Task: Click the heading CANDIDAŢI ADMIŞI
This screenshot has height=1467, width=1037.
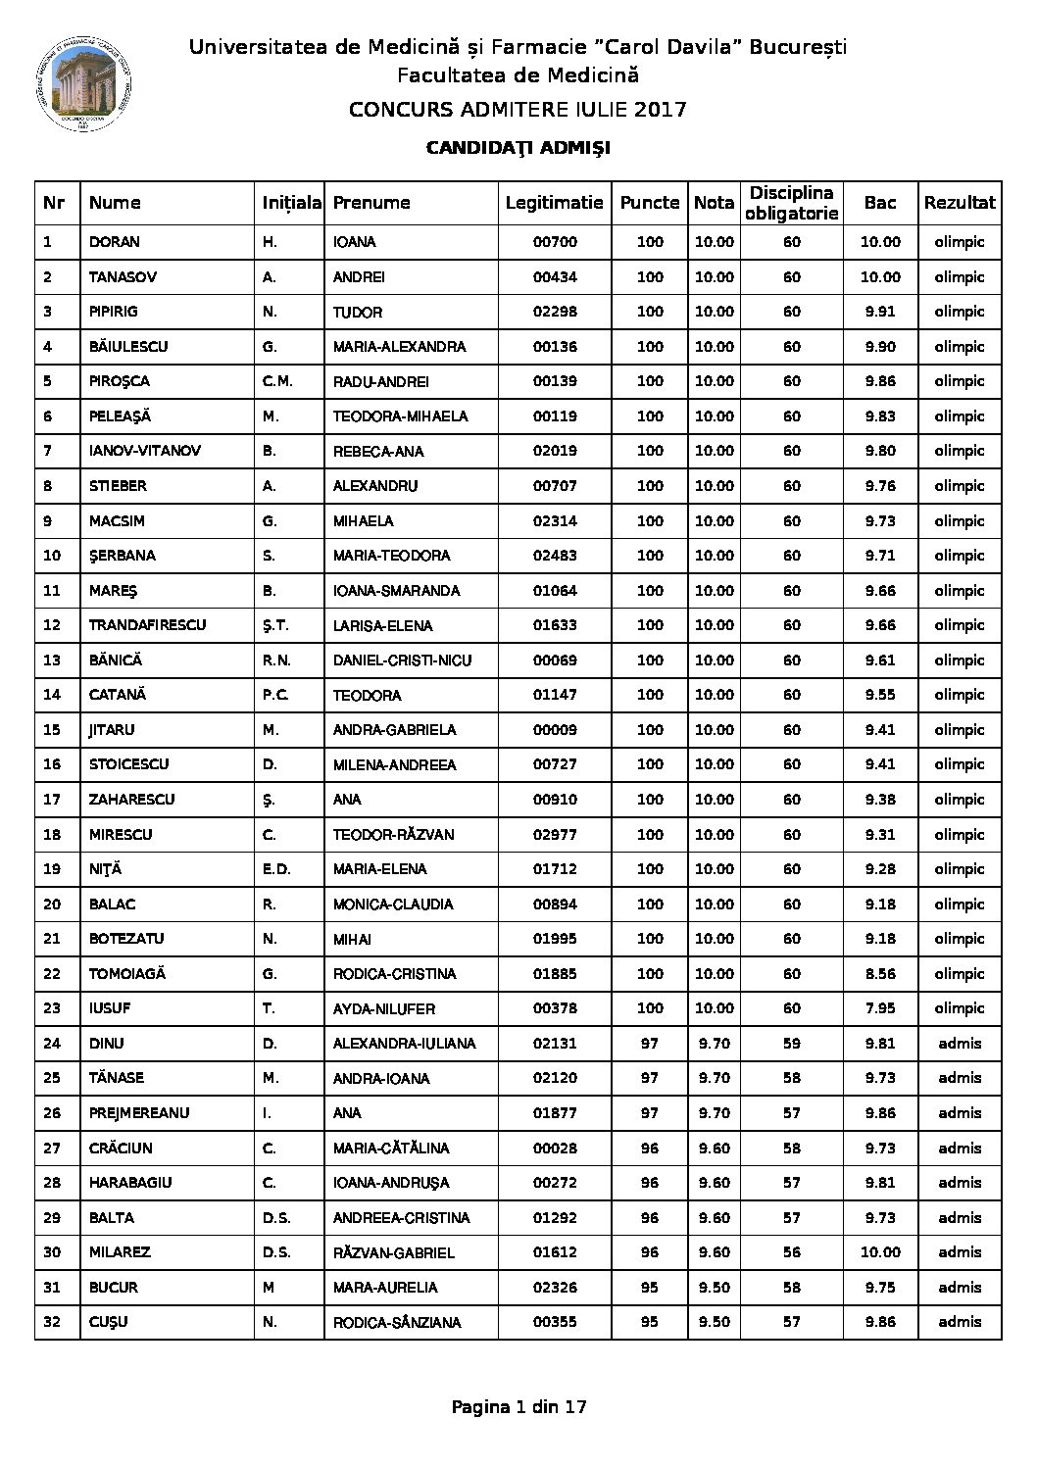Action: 518,148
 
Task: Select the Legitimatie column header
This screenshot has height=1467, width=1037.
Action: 554,203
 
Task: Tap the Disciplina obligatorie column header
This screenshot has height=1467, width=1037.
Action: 791,203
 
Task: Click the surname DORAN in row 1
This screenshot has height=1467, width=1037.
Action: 114,242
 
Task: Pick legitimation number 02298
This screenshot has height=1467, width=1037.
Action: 554,312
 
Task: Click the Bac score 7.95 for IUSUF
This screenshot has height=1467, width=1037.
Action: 880,1008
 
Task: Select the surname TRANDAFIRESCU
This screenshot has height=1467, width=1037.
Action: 147,625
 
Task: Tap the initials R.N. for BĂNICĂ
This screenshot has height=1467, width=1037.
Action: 278,660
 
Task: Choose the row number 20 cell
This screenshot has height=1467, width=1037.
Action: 53,904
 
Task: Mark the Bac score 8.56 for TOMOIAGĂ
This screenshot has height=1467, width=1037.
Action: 880,973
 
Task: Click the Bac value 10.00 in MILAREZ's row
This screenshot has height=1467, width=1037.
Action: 880,1252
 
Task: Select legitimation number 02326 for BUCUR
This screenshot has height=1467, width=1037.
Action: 554,1287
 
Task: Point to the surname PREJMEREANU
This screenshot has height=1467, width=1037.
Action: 138,1113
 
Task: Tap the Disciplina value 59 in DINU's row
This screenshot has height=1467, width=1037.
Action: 791,1044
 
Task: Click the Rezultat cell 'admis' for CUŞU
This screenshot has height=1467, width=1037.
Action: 960,1322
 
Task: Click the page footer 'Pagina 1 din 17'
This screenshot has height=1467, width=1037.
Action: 518,1407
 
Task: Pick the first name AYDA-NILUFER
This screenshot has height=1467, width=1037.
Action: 383,1008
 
